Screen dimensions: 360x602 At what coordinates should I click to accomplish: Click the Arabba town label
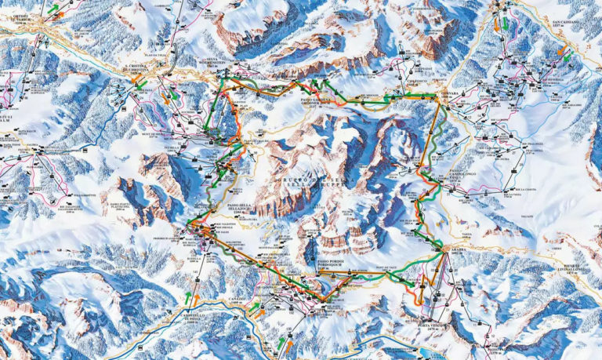(459, 251)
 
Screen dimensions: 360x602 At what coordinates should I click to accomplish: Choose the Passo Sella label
(239, 205)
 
